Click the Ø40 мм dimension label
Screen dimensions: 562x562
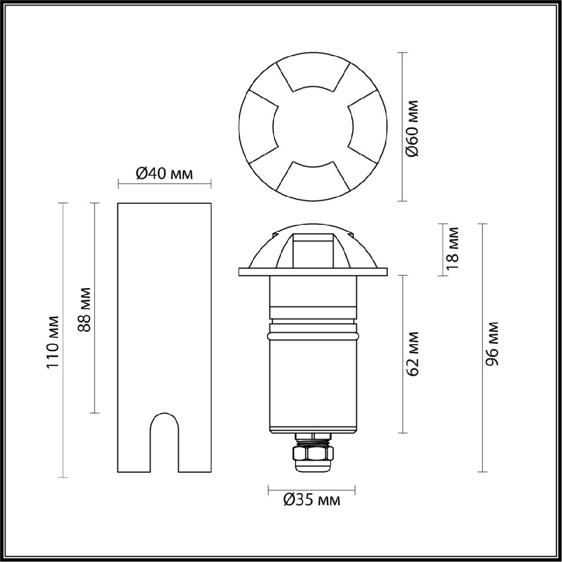[x=164, y=174]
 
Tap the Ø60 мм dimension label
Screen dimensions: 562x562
[x=412, y=127]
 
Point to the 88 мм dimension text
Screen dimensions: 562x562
[x=85, y=309]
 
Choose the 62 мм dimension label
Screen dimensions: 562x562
[x=412, y=354]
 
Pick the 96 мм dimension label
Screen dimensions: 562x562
[x=492, y=344]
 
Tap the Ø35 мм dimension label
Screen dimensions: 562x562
[x=312, y=501]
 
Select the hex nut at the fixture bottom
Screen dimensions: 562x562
[x=313, y=453]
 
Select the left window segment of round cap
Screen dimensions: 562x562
[x=260, y=127]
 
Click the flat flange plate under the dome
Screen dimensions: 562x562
[x=312, y=272]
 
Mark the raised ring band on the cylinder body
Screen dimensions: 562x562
[x=312, y=336]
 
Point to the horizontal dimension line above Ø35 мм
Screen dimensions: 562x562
[x=311, y=490]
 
